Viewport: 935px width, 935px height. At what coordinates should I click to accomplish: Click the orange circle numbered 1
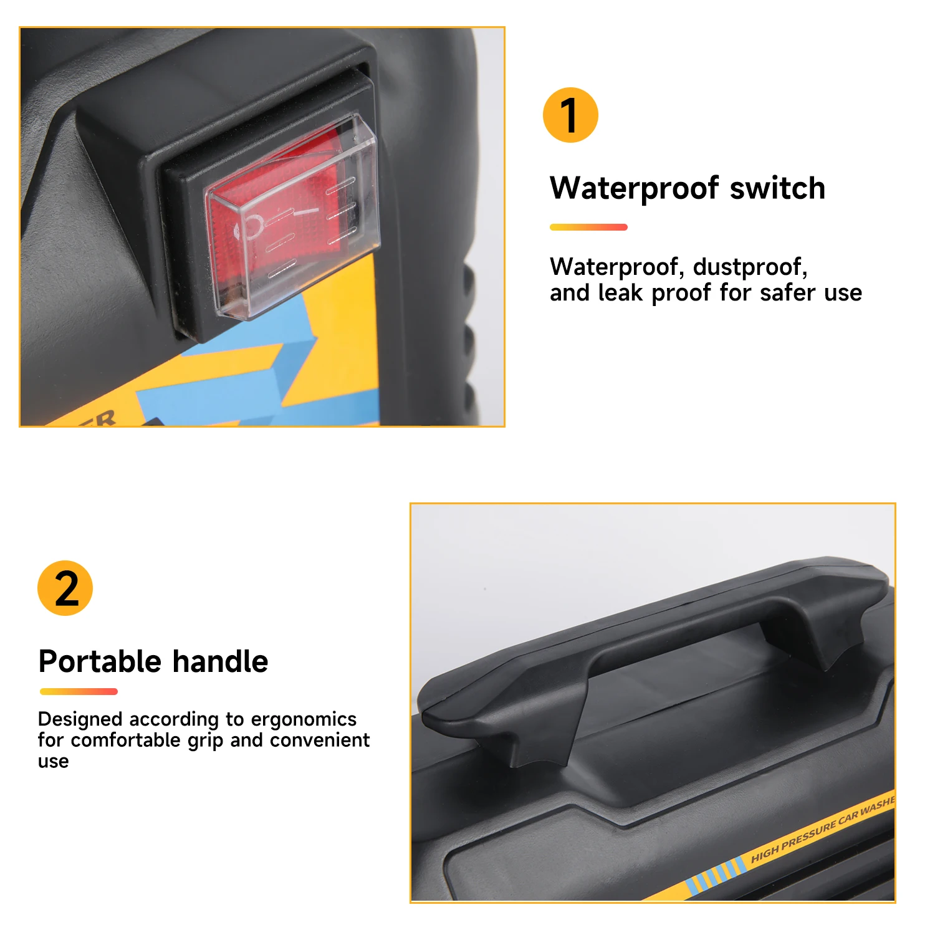570,115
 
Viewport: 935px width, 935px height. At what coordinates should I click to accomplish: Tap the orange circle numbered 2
65,588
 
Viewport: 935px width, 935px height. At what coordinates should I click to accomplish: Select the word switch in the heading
777,188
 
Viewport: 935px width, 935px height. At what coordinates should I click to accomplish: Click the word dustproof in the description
750,267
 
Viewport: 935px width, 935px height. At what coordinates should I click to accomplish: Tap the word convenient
320,740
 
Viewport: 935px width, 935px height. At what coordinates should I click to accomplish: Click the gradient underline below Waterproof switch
588,228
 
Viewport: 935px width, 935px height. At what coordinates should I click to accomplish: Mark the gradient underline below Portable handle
79,691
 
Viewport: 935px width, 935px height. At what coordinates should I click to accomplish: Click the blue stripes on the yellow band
715,875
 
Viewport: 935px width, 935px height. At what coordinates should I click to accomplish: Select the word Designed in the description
80,719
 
